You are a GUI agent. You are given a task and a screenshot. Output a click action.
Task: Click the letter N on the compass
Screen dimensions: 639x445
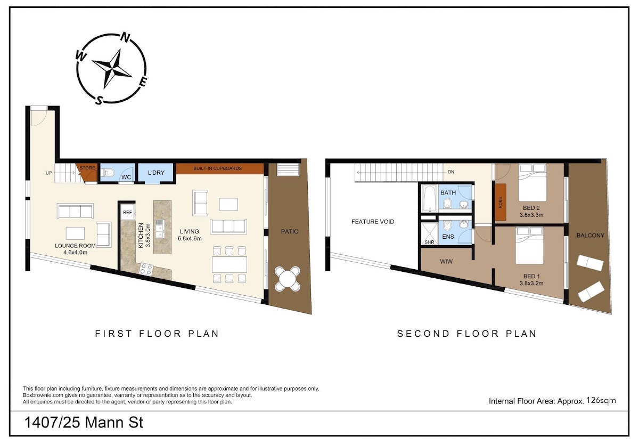click(x=125, y=37)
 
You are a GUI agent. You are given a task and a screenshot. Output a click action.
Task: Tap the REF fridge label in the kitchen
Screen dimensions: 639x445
click(x=127, y=212)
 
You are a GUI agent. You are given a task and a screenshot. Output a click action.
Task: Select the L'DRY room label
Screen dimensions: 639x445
click(x=157, y=173)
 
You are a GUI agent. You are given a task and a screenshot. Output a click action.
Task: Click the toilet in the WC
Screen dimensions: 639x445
click(x=108, y=173)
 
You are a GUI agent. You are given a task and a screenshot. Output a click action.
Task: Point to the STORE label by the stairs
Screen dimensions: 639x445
click(x=87, y=168)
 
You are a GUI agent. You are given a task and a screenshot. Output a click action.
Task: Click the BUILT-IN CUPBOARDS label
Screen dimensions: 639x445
click(x=217, y=168)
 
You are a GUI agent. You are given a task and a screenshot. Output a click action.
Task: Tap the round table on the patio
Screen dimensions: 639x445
click(x=288, y=279)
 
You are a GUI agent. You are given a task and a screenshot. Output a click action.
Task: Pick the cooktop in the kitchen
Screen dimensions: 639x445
click(x=146, y=270)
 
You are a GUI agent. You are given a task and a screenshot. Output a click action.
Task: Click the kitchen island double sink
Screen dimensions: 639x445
click(x=159, y=229)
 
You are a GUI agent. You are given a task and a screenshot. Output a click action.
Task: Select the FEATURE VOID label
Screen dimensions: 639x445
click(x=373, y=222)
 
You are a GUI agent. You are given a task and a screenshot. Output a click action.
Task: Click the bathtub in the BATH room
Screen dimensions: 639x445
click(x=429, y=199)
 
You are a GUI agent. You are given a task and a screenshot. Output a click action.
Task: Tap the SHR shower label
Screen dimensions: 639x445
click(x=429, y=242)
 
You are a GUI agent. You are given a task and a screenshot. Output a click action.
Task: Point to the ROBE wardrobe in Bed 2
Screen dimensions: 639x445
click(x=500, y=202)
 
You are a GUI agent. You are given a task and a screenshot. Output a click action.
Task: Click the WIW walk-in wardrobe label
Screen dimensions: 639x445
click(x=446, y=262)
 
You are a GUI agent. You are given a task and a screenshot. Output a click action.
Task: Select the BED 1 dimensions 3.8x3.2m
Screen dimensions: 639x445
click(x=531, y=284)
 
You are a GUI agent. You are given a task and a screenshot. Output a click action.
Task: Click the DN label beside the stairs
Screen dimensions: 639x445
click(x=451, y=172)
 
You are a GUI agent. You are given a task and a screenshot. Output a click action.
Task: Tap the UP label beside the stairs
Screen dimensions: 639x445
click(x=49, y=173)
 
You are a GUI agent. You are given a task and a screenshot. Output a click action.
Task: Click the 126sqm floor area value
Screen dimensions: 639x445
click(x=601, y=400)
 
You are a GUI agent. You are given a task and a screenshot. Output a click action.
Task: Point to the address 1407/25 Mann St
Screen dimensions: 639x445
click(x=84, y=423)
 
